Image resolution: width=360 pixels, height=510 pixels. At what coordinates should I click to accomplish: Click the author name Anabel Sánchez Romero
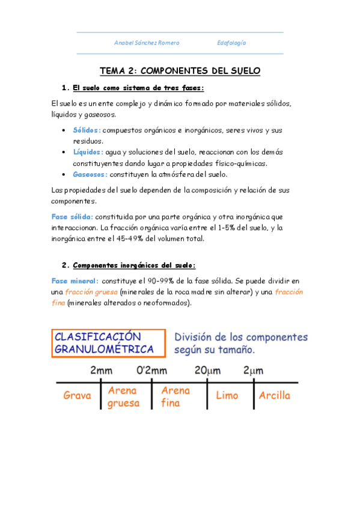tap(147, 43)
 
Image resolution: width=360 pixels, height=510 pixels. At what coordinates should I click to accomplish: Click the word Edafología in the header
tap(231, 43)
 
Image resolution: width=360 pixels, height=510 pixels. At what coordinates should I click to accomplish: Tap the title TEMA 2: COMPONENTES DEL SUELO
tap(180, 71)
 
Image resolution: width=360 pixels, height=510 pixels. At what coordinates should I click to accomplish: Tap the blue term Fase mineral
tap(75, 281)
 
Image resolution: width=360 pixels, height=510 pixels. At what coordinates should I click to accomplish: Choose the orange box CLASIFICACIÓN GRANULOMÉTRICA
tap(109, 343)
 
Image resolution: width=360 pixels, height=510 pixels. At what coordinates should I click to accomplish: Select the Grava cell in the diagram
tap(77, 396)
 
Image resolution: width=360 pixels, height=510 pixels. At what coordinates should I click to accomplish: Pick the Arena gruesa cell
tap(123, 397)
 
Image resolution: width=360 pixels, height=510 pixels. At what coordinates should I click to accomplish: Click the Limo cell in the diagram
tap(227, 396)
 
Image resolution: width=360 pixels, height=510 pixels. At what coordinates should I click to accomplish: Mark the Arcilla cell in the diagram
tap(274, 396)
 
